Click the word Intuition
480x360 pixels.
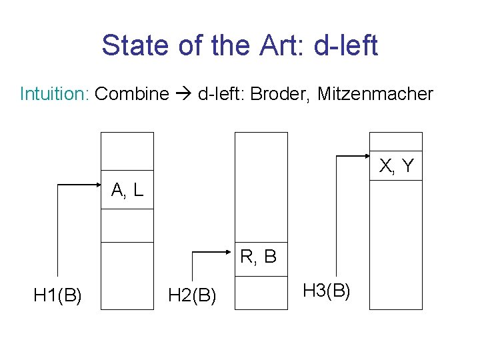click(x=55, y=94)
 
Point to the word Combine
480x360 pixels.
click(x=132, y=94)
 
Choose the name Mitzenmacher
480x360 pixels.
click(x=375, y=94)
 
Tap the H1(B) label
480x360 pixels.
click(x=58, y=294)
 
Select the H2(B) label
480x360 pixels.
click(x=192, y=294)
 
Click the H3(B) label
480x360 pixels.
click(x=327, y=290)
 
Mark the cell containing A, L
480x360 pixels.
click(x=127, y=191)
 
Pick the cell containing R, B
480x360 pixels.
click(x=261, y=255)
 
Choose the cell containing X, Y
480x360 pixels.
click(x=396, y=165)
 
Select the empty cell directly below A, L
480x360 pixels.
click(x=127, y=225)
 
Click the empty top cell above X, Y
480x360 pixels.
click(x=396, y=141)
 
